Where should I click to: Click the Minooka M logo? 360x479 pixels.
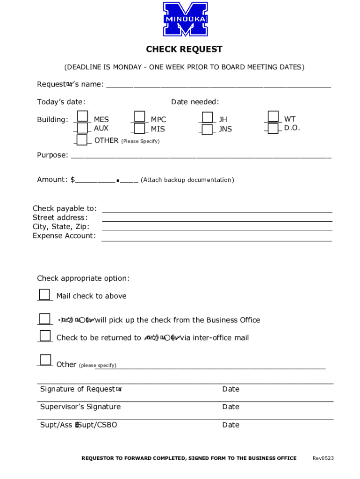[x=185, y=19]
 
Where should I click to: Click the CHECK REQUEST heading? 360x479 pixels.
[x=184, y=50]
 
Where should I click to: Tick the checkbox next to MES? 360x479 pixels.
[x=82, y=116]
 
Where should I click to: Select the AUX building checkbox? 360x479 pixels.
[x=82, y=128]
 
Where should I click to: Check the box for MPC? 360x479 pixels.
[x=139, y=116]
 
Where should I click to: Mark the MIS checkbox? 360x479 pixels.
[x=139, y=128]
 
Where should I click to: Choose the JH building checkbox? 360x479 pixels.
[x=207, y=117]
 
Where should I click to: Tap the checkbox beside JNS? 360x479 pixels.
[x=207, y=129]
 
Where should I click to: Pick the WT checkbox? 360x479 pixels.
[x=273, y=116]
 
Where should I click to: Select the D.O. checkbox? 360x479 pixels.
[x=273, y=128]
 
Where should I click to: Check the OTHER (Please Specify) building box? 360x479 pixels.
[x=82, y=140]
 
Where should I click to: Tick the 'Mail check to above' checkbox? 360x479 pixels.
[x=44, y=294]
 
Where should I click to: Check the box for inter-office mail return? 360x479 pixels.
[x=45, y=336]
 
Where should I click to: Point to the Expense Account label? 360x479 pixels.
[x=64, y=236]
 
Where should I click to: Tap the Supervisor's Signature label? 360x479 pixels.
[x=80, y=407]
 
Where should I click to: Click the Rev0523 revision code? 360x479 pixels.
[x=323, y=458]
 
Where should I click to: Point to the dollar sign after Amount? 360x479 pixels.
[x=72, y=180]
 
